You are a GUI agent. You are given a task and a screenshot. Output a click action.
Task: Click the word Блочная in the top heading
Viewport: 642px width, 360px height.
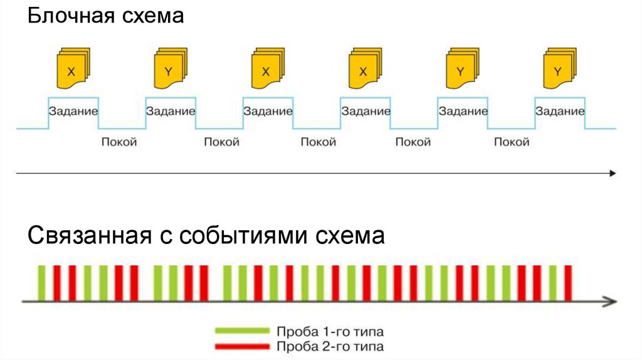pos(65,16)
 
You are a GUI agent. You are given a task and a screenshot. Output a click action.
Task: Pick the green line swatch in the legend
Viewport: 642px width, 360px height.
pos(241,331)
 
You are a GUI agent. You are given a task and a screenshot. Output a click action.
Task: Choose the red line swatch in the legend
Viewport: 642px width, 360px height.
pos(241,346)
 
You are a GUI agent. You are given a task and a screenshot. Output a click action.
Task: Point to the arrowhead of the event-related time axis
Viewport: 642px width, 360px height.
pos(608,302)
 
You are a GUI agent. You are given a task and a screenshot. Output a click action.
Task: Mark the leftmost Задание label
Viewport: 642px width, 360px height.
pos(73,112)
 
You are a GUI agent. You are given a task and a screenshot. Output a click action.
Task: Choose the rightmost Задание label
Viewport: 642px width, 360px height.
pos(560,112)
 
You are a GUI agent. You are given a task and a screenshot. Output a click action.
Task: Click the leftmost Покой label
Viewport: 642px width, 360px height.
pos(119,142)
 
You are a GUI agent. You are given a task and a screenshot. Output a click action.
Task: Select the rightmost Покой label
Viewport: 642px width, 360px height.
pos(512,142)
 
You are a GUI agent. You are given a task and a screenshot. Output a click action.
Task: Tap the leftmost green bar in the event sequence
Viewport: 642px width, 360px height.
pos(42,283)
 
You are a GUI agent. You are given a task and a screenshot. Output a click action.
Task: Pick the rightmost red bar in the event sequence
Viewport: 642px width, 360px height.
pos(568,283)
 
